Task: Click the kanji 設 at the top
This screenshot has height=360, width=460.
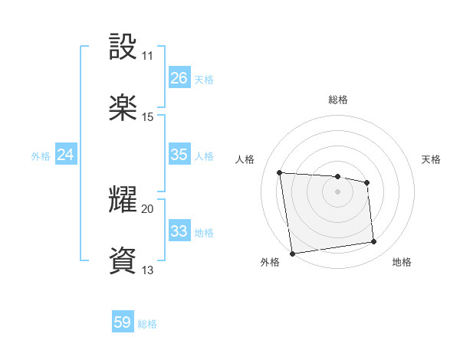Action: click(123, 47)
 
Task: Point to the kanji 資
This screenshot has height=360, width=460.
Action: click(123, 260)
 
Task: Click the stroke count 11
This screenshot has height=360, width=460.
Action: click(147, 56)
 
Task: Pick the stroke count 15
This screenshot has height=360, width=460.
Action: click(147, 117)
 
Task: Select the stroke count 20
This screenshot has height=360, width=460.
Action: click(147, 208)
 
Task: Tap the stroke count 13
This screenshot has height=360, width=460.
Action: click(147, 270)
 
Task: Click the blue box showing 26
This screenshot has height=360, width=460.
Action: click(179, 77)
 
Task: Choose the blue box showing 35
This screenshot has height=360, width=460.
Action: click(179, 155)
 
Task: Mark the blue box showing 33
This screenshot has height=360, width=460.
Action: click(179, 231)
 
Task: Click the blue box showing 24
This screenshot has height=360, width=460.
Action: click(66, 155)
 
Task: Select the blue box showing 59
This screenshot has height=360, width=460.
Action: click(123, 322)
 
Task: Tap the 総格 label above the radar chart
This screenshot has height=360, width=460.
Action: click(338, 100)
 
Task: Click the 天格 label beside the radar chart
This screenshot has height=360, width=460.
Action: click(432, 159)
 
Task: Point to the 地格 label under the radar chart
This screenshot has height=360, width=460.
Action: click(402, 263)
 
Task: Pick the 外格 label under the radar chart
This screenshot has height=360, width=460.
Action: click(270, 263)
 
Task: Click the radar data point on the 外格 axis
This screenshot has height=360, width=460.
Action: click(292, 254)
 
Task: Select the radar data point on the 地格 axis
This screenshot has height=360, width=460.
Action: click(374, 242)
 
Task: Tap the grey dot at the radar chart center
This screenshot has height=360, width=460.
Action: click(338, 191)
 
